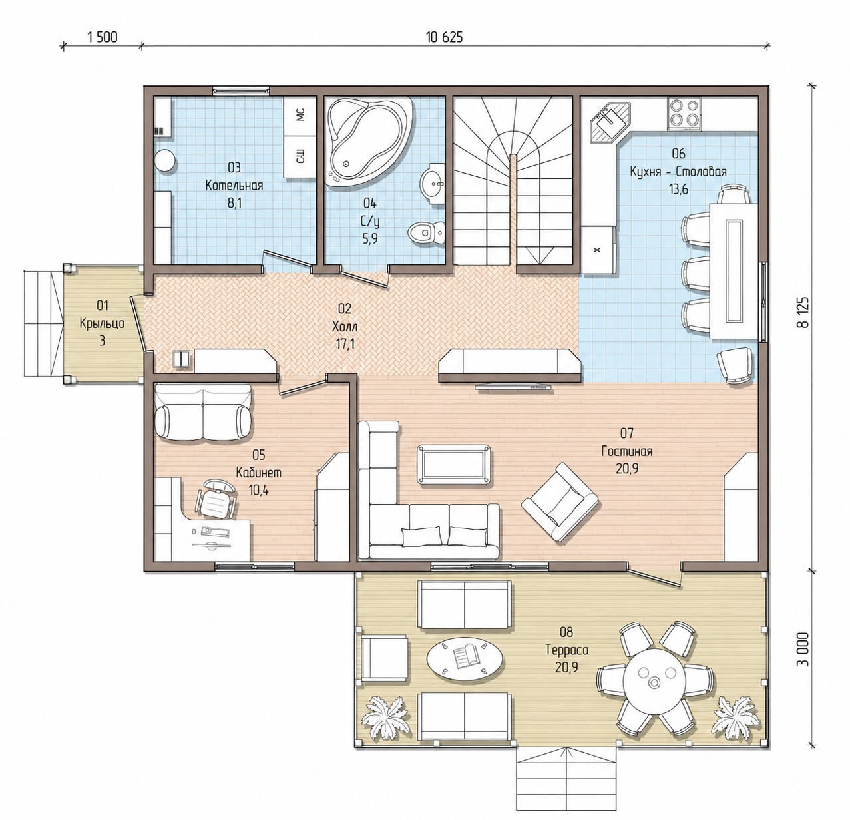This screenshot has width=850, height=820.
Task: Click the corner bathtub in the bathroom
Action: [x=369, y=139]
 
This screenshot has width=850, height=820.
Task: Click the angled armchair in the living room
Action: [x=560, y=502]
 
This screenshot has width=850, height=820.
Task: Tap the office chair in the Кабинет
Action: [x=216, y=498]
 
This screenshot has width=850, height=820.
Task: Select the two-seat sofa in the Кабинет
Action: [x=204, y=413]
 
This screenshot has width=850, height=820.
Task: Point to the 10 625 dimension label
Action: [x=444, y=37]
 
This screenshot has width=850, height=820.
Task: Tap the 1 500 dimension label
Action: [x=103, y=37]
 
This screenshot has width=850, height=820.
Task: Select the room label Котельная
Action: [x=234, y=186]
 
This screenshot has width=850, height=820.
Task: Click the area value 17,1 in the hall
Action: [x=345, y=345]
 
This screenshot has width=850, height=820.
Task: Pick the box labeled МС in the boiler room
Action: [x=300, y=116]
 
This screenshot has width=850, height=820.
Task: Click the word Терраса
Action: [x=566, y=650]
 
